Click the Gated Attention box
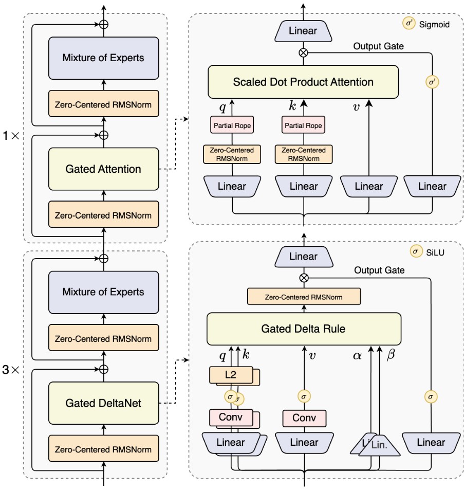(x=103, y=168)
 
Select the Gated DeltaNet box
(x=103, y=403)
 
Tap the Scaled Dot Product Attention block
(x=303, y=82)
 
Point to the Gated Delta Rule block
(x=303, y=329)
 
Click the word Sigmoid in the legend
(x=435, y=24)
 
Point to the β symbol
(x=391, y=355)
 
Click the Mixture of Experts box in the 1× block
(x=103, y=58)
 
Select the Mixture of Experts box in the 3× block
(x=103, y=292)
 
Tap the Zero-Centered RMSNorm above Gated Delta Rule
(x=303, y=297)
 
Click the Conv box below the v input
(x=304, y=418)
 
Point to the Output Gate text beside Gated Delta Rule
(x=379, y=270)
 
